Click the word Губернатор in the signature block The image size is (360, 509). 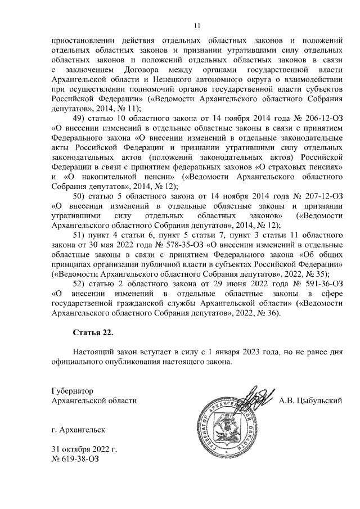click(71, 390)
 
